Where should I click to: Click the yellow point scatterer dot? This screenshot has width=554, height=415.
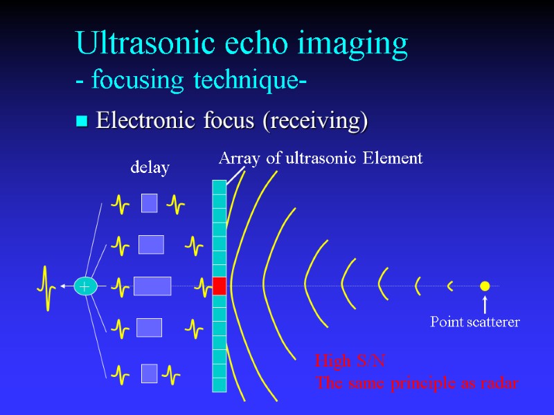tap(485, 286)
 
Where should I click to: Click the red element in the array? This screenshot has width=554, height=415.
tap(220, 286)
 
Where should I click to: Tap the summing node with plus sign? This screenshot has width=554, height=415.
tap(85, 286)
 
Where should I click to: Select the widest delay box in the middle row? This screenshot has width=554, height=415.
tap(152, 286)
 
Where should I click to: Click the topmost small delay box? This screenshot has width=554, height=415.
tap(149, 203)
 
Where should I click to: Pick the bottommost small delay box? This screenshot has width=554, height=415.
tap(149, 373)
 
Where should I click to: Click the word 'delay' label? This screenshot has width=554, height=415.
tap(150, 167)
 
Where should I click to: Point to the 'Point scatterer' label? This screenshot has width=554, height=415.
tap(475, 322)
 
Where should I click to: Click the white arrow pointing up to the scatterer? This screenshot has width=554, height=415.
tap(485, 304)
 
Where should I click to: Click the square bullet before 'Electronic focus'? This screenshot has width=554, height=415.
tap(82, 122)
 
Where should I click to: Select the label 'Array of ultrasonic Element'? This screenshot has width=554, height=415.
tap(321, 158)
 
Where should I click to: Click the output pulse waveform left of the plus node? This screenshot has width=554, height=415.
tap(48, 286)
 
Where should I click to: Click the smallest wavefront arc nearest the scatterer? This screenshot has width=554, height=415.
tap(450, 285)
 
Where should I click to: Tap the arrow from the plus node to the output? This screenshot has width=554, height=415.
tap(67, 285)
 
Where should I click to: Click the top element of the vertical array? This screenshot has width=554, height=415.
tap(220, 187)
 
